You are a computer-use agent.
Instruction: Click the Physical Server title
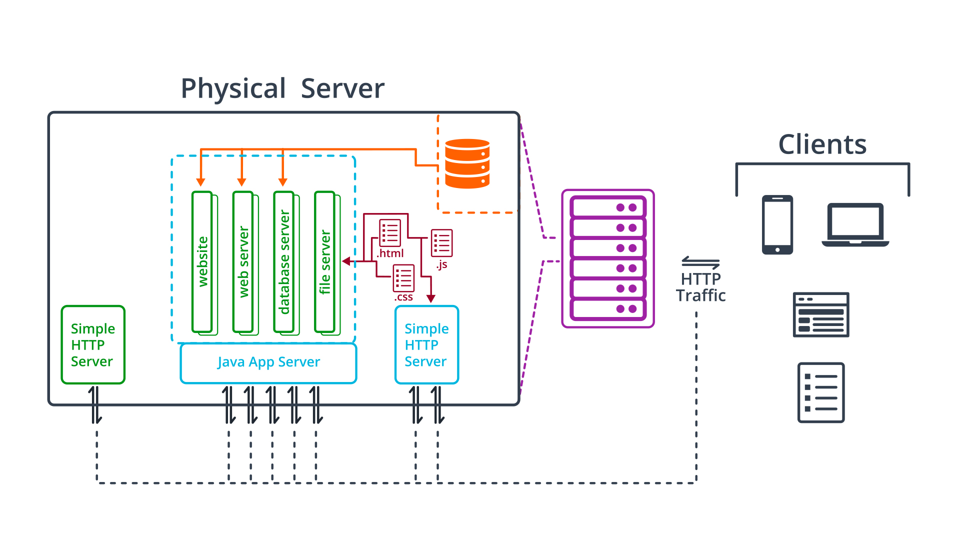(282, 89)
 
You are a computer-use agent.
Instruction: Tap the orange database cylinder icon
(467, 163)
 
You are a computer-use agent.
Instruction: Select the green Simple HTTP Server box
(93, 344)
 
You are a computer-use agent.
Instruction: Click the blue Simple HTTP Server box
(426, 344)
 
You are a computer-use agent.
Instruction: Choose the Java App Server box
(268, 362)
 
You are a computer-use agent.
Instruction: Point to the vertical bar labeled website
(202, 262)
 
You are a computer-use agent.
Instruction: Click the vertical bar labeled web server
(243, 262)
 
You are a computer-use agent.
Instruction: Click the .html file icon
(390, 232)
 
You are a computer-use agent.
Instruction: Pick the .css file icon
(403, 278)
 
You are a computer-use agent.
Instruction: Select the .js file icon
(441, 243)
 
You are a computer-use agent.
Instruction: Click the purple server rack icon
(608, 258)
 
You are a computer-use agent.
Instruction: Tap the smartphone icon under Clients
(777, 224)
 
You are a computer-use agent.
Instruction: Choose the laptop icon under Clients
(855, 224)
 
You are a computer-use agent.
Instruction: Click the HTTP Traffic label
(700, 287)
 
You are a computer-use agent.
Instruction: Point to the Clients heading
(822, 144)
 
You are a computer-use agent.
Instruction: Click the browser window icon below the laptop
(821, 314)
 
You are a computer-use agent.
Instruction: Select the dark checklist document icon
(821, 392)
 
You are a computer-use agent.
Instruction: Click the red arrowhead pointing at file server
(346, 261)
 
